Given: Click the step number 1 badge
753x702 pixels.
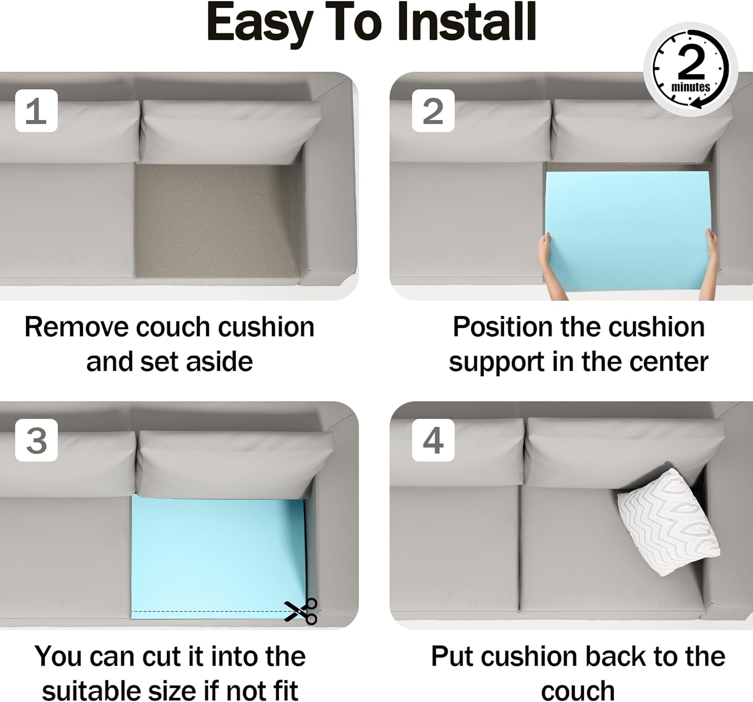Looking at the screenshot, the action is [x=37, y=110].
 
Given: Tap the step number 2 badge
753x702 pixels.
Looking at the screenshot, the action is [x=433, y=110].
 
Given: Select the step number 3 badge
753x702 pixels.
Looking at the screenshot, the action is [x=37, y=440].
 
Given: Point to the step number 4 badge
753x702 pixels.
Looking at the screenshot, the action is [x=433, y=440].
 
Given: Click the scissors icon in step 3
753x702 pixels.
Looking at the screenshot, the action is [x=301, y=611].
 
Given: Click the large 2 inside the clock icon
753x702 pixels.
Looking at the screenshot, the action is [x=692, y=63].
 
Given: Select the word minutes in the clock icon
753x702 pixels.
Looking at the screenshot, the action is [x=691, y=87].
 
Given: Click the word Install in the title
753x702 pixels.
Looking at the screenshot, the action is [x=467, y=22].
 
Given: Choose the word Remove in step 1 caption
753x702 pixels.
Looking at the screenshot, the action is [x=76, y=327].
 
